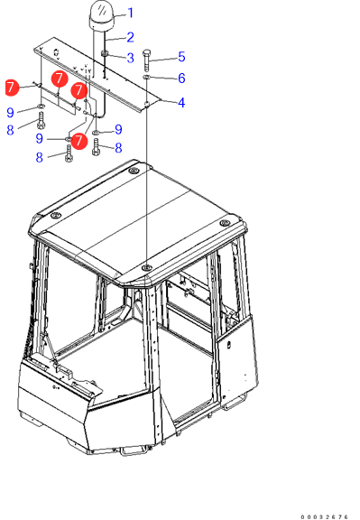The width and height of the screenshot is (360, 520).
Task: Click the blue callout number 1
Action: coord(131,14)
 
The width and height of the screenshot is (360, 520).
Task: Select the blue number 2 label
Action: coord(130,37)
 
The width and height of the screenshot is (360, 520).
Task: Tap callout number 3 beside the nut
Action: coord(130,58)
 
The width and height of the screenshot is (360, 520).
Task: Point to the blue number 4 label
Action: coord(181,103)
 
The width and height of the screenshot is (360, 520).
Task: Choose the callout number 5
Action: coord(181,57)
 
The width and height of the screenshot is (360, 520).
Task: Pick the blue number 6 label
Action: coord(181,79)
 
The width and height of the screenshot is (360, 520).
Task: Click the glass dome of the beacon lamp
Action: coord(102,10)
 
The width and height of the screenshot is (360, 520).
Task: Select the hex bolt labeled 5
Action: coord(147,60)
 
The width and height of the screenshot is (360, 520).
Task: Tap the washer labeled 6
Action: coord(146,78)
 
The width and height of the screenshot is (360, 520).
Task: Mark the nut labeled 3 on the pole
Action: coord(105,54)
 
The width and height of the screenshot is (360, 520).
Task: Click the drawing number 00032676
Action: coord(325,516)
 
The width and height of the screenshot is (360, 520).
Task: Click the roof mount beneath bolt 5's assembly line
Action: coord(146,267)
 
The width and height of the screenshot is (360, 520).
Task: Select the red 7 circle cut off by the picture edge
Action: coord(13,88)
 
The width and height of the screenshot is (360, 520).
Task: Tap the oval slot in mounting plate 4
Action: coord(56,52)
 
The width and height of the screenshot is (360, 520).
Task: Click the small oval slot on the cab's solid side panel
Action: coord(229,345)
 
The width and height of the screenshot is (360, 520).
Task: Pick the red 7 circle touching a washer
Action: coord(79,141)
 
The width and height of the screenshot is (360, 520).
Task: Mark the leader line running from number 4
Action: coord(168,101)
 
